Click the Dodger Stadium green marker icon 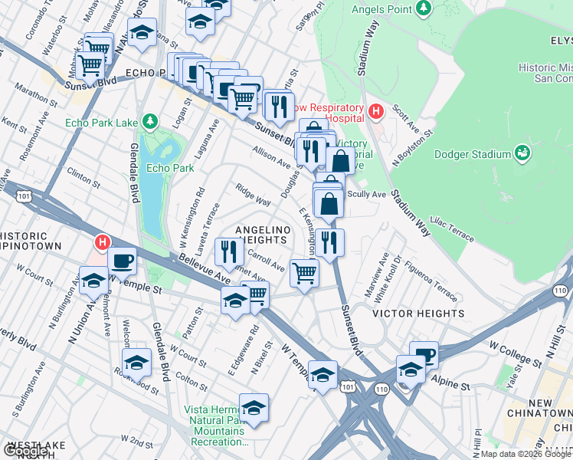pyautogui.click(x=522, y=154)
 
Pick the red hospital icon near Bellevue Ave pyautogui.click(x=102, y=244)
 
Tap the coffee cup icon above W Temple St pyautogui.click(x=122, y=261)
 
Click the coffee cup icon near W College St pyautogui.click(x=424, y=355)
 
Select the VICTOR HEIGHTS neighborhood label pyautogui.click(x=417, y=314)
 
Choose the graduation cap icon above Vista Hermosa pyautogui.click(x=254, y=407)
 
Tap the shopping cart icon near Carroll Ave pyautogui.click(x=304, y=272)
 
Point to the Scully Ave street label pyautogui.click(x=367, y=195)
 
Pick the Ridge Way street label pyautogui.click(x=253, y=195)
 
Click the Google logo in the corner pyautogui.click(x=26, y=451)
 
